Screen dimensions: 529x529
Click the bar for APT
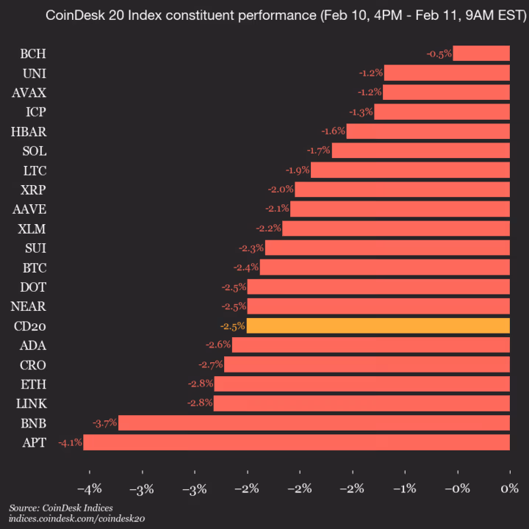click(296, 442)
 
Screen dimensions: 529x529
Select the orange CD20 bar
click(378, 325)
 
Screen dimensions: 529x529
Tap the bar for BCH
click(481, 54)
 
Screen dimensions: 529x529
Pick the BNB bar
click(314, 422)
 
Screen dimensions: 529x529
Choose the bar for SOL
click(420, 151)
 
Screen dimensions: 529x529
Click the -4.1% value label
click(70, 442)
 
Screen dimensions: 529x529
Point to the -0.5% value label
click(439, 54)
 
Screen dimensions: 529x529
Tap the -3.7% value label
click(104, 422)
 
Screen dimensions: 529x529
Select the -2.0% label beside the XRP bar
click(281, 190)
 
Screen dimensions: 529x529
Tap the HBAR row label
click(30, 132)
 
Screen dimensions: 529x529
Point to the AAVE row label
click(30, 209)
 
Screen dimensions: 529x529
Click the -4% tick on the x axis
click(90, 489)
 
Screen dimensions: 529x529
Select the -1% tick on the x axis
click(404, 489)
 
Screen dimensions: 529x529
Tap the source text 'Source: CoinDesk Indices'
click(56, 508)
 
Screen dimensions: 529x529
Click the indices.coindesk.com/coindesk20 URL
click(77, 519)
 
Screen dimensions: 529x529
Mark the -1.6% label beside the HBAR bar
click(333, 132)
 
